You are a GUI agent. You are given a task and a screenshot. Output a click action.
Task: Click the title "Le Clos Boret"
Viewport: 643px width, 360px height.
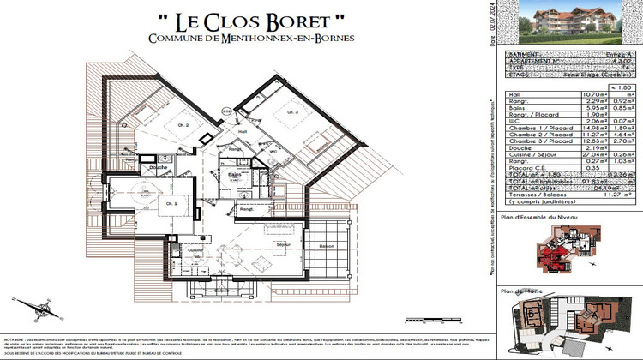click(226, 19)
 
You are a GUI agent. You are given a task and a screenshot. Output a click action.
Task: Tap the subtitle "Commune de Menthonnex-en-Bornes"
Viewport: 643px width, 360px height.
click(226, 39)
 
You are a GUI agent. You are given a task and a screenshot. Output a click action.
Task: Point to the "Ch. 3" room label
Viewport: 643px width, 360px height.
click(292, 113)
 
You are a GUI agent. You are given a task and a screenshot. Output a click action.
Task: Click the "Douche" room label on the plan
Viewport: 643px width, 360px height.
click(157, 167)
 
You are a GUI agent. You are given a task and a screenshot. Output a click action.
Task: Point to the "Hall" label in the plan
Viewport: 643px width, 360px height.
click(243, 131)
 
